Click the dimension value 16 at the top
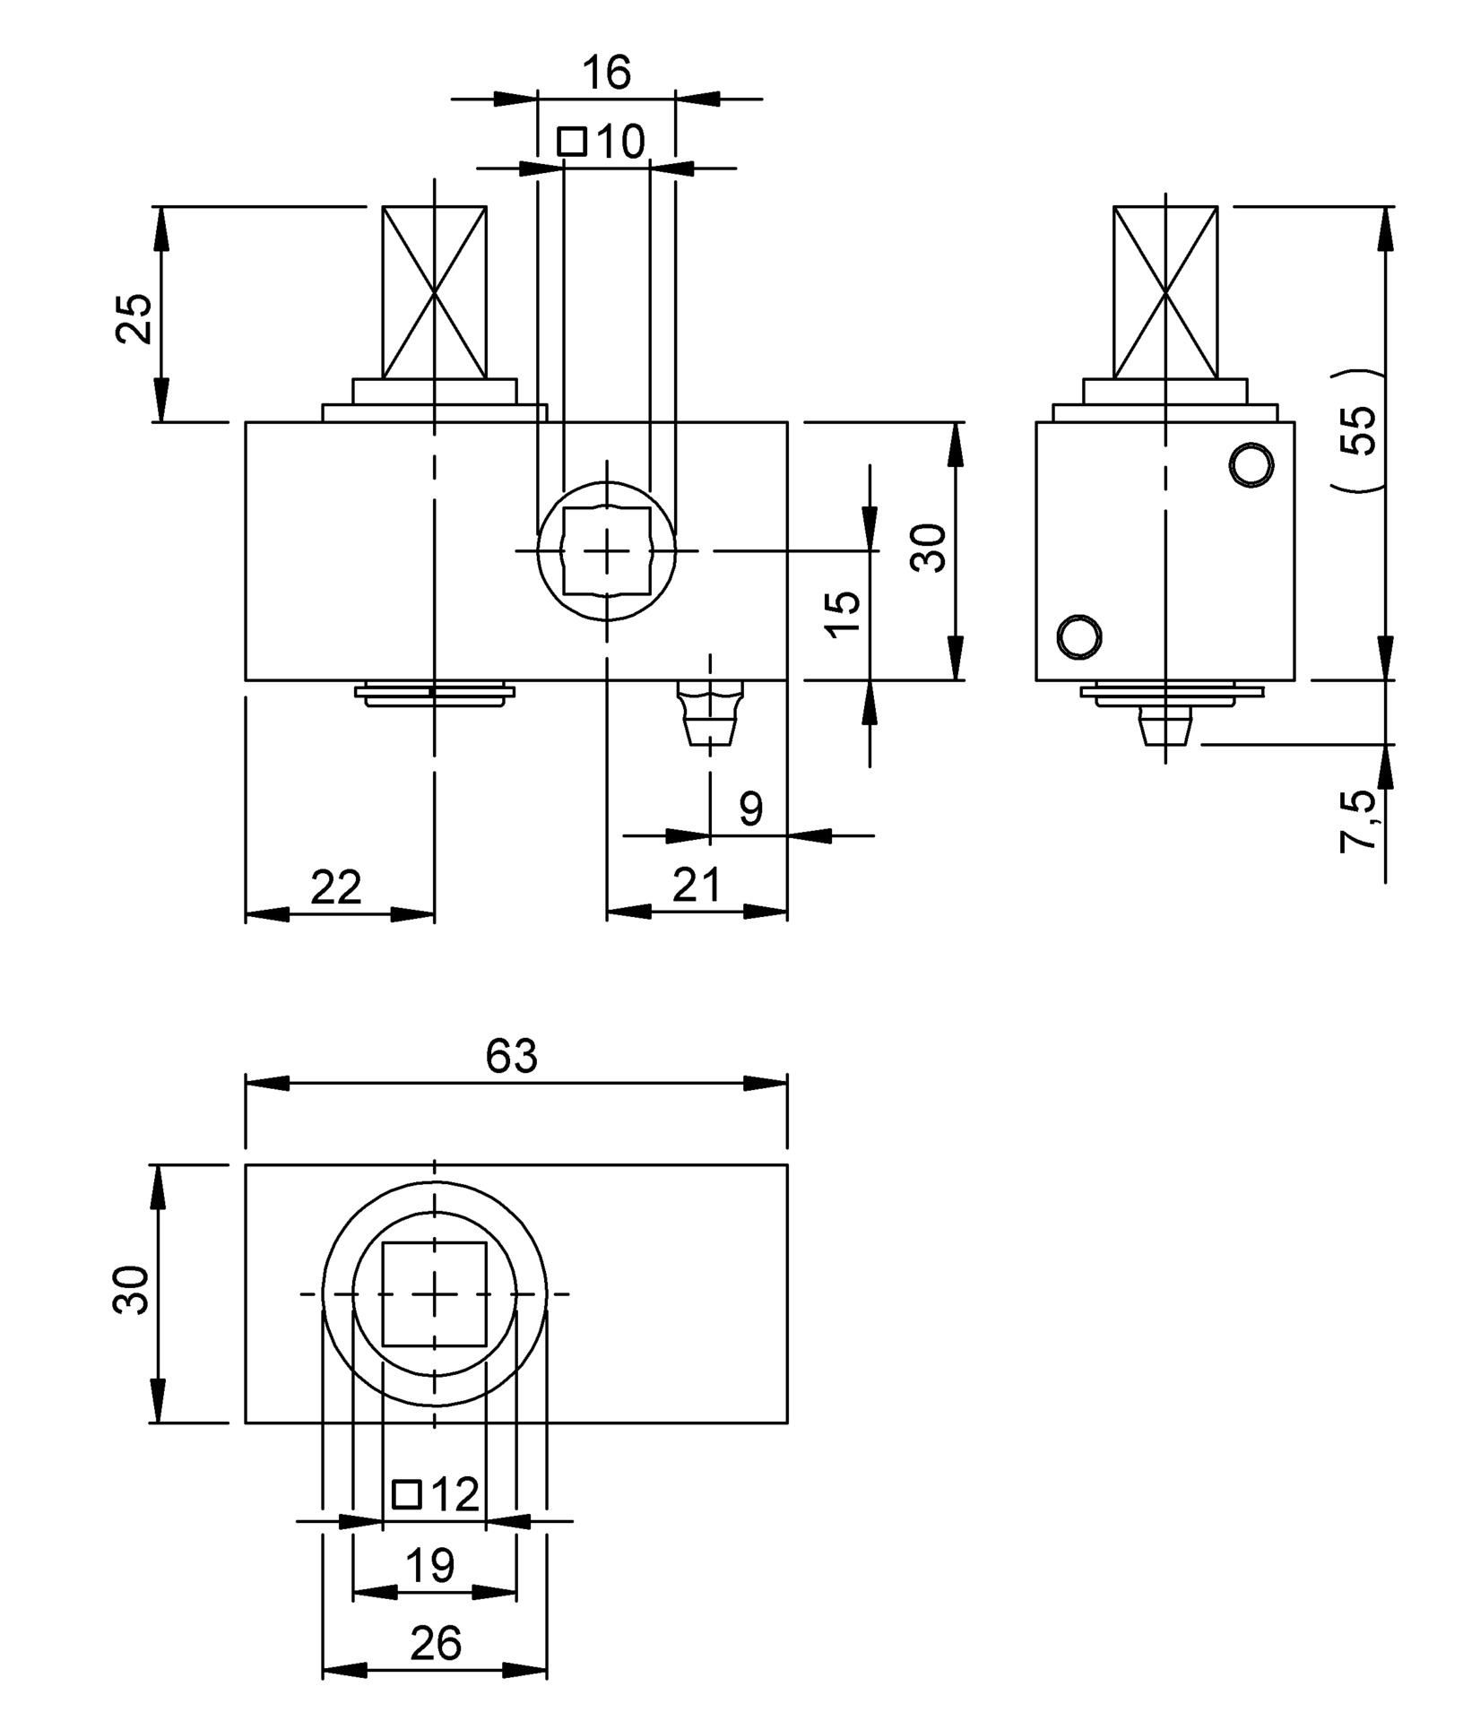pyautogui.click(x=607, y=72)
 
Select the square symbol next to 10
pyautogui.click(x=572, y=142)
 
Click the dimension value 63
pyautogui.click(x=511, y=1057)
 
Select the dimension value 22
pyautogui.click(x=336, y=887)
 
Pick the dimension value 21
pyautogui.click(x=696, y=886)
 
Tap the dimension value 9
pyautogui.click(x=750, y=809)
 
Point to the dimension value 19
pyautogui.click(x=430, y=1566)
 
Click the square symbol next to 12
pyautogui.click(x=408, y=1494)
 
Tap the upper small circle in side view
pyautogui.click(x=1251, y=465)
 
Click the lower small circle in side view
pyautogui.click(x=1079, y=636)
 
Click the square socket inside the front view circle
pyautogui.click(x=607, y=550)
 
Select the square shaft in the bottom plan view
pyautogui.click(x=435, y=1293)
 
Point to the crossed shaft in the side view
pyautogui.click(x=1165, y=292)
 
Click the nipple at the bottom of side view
pyautogui.click(x=1165, y=726)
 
